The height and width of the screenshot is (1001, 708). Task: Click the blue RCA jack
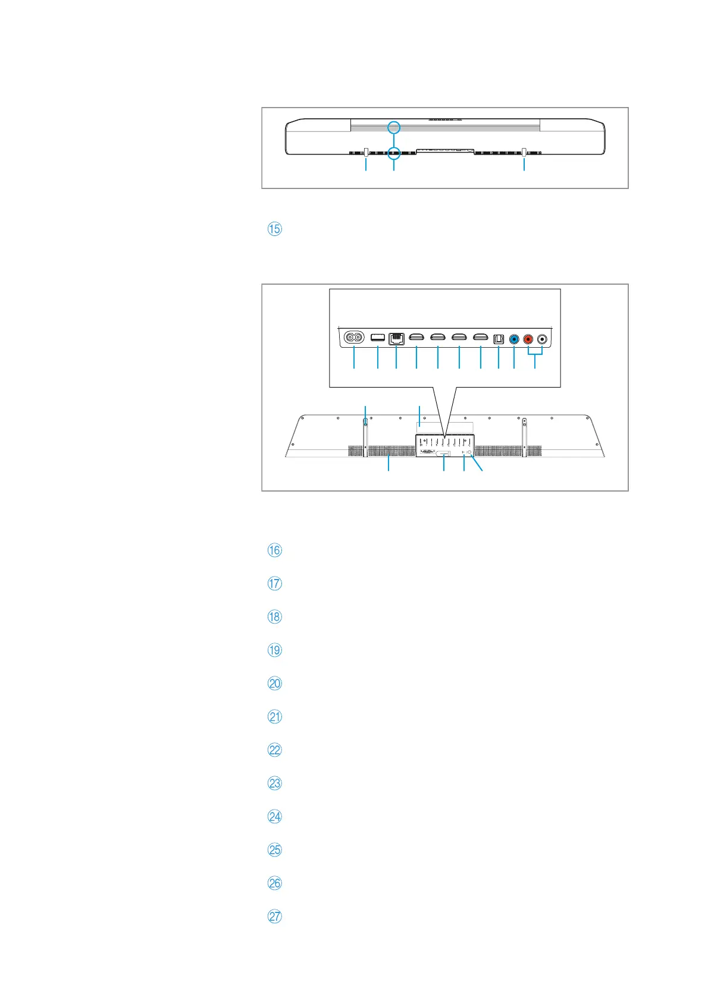pos(514,339)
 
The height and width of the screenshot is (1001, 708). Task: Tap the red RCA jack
pos(528,339)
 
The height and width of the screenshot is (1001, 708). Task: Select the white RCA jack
pos(542,339)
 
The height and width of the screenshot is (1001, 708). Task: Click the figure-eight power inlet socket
pos(355,338)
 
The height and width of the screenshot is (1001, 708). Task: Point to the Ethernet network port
pos(396,339)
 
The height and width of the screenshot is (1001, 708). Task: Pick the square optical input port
pos(499,339)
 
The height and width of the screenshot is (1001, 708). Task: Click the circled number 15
pos(274,229)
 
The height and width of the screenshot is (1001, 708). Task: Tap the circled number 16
pos(274,550)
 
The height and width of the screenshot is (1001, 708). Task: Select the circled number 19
pos(274,650)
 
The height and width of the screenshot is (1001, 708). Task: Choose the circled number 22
pos(274,750)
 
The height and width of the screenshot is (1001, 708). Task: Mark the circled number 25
pos(274,849)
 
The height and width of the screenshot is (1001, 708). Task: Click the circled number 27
pos(274,916)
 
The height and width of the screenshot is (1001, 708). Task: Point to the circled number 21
pos(274,716)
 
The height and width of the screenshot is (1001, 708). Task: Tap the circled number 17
pos(274,583)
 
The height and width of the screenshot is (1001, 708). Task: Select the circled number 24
pos(274,816)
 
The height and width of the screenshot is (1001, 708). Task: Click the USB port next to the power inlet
pos(377,338)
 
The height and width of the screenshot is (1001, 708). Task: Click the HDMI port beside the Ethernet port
pos(416,338)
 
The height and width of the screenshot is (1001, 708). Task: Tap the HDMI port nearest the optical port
pos(480,338)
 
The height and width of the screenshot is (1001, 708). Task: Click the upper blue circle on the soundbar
pos(393,127)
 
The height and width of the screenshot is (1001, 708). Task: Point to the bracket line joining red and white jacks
pos(535,355)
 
